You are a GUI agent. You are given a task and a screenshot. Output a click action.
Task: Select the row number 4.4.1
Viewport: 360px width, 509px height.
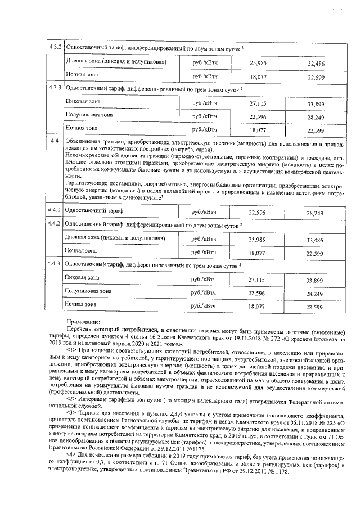pos(55,210)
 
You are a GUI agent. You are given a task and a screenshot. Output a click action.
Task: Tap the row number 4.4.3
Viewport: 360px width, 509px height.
pos(55,263)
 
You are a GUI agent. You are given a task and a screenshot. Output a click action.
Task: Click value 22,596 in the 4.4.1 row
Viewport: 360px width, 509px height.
pos(256,212)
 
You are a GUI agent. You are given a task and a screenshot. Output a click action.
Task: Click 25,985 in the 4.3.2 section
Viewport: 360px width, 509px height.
pos(256,62)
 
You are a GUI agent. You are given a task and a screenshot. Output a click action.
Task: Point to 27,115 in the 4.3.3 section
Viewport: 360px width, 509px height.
pos(256,103)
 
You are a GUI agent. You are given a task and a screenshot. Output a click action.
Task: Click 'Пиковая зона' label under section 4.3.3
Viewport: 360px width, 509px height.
pos(83,101)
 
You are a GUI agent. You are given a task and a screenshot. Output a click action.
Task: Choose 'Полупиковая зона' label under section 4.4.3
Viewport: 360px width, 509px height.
pos(88,291)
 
